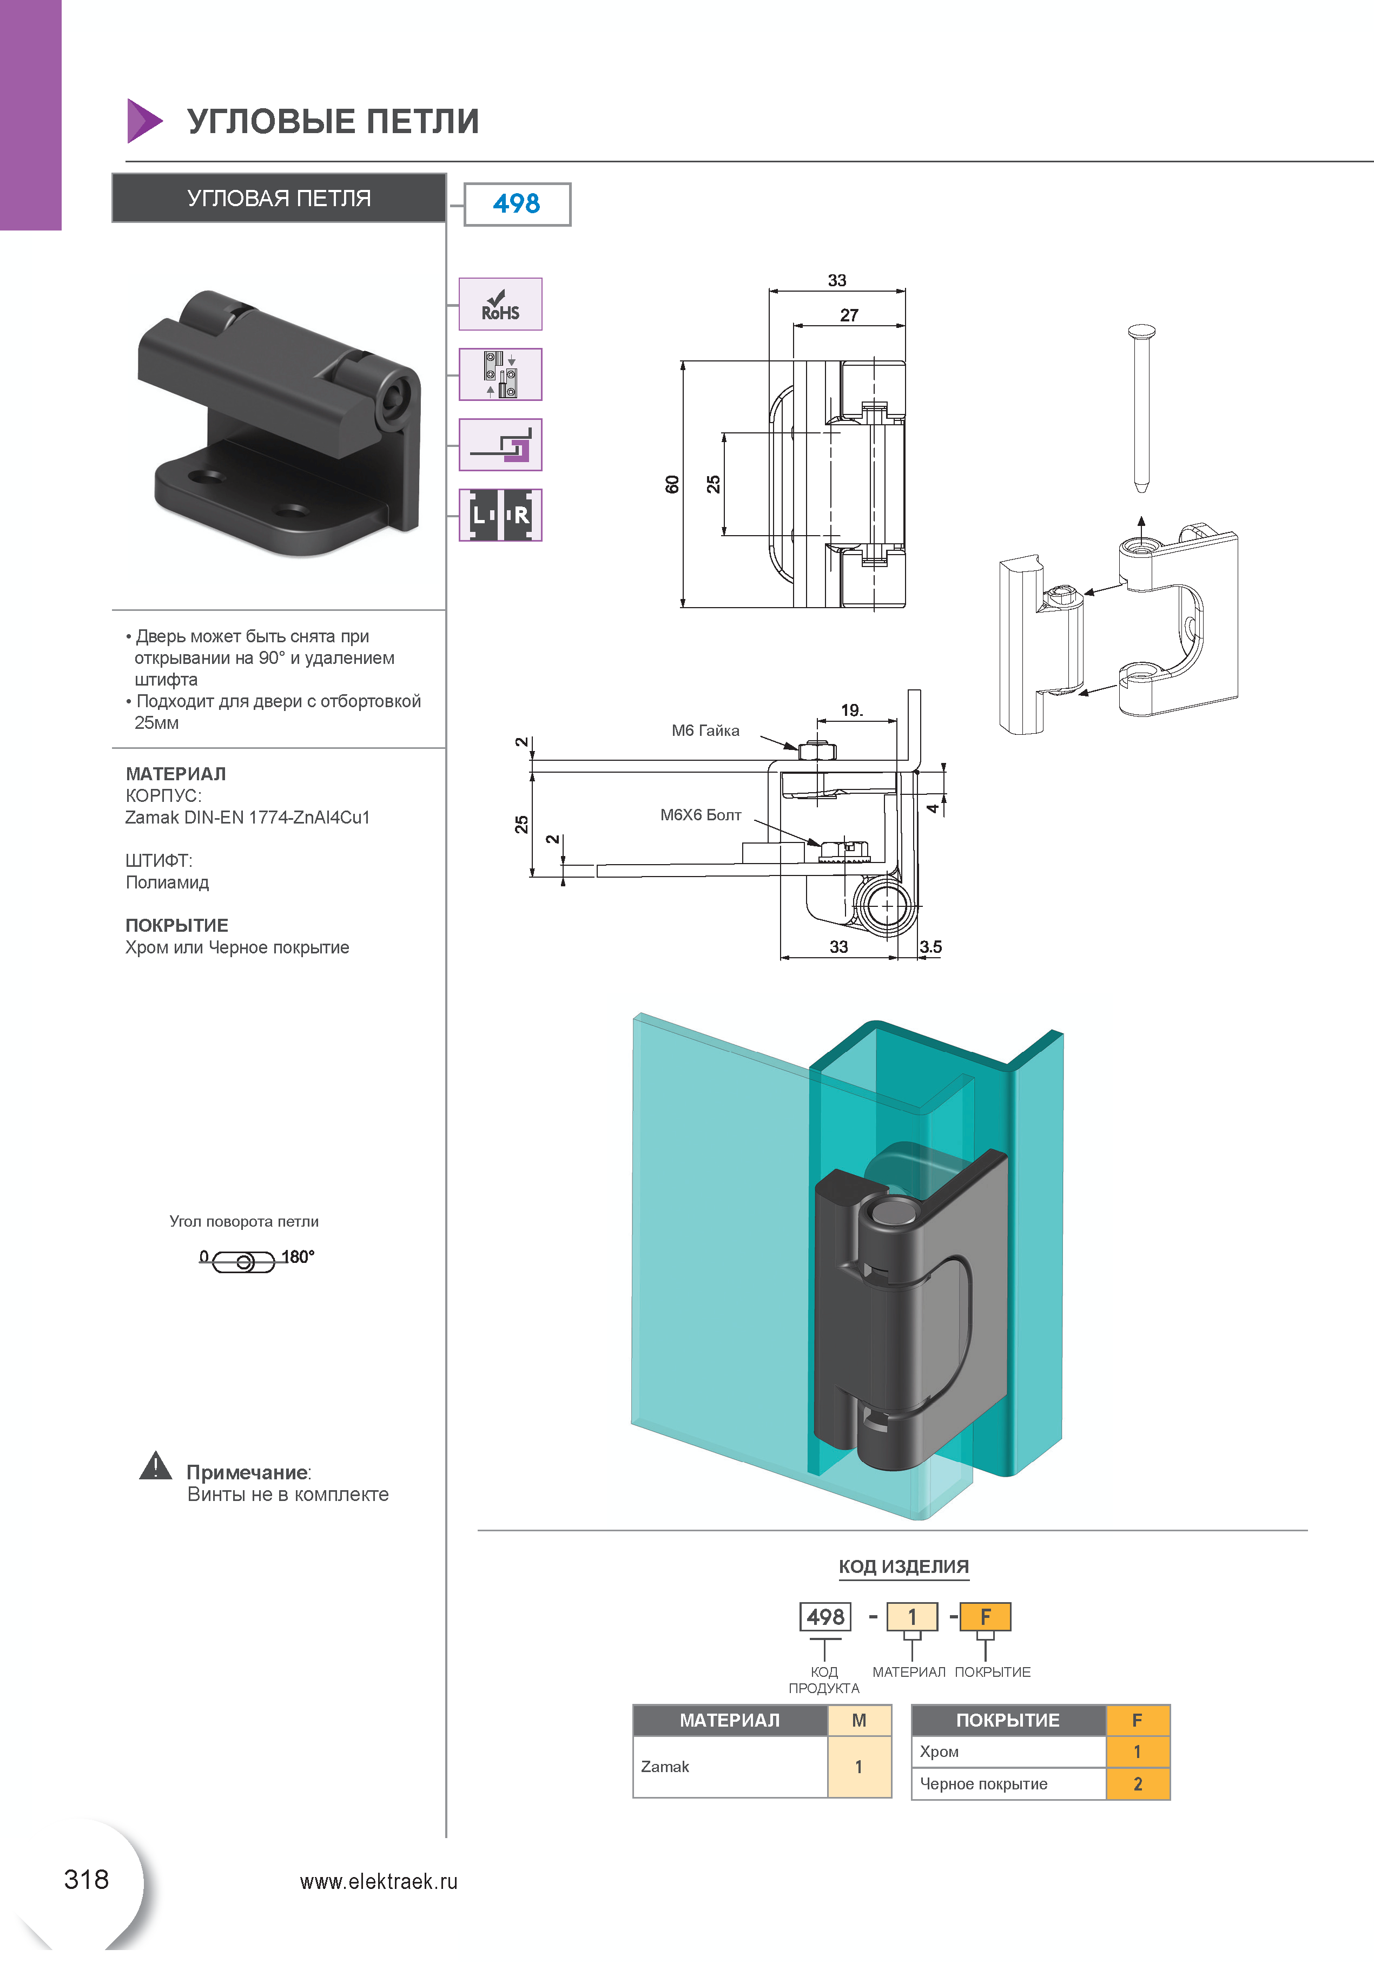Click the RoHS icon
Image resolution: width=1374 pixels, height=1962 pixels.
pos(500,304)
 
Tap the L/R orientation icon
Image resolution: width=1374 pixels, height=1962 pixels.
pos(500,515)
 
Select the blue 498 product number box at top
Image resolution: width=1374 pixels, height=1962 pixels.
pos(517,204)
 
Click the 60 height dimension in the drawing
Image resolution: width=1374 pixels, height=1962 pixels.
pos(672,484)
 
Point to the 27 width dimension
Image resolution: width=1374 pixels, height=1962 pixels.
pos(849,315)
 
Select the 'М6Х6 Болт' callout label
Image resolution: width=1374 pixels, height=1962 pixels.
pos(700,815)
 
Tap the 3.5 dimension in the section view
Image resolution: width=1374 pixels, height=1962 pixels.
pos(930,947)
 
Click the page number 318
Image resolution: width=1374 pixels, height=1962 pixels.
pos(87,1879)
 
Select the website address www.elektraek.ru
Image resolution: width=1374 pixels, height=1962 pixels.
pos(379,1882)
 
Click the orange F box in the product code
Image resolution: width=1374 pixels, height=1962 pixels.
pos(985,1617)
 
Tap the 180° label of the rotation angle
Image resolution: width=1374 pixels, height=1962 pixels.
pos(298,1256)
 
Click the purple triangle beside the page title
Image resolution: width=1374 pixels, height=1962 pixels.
pos(143,121)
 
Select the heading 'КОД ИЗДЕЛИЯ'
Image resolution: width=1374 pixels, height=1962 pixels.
pos(903,1566)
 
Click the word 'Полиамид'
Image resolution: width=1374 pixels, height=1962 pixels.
pos(168,883)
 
